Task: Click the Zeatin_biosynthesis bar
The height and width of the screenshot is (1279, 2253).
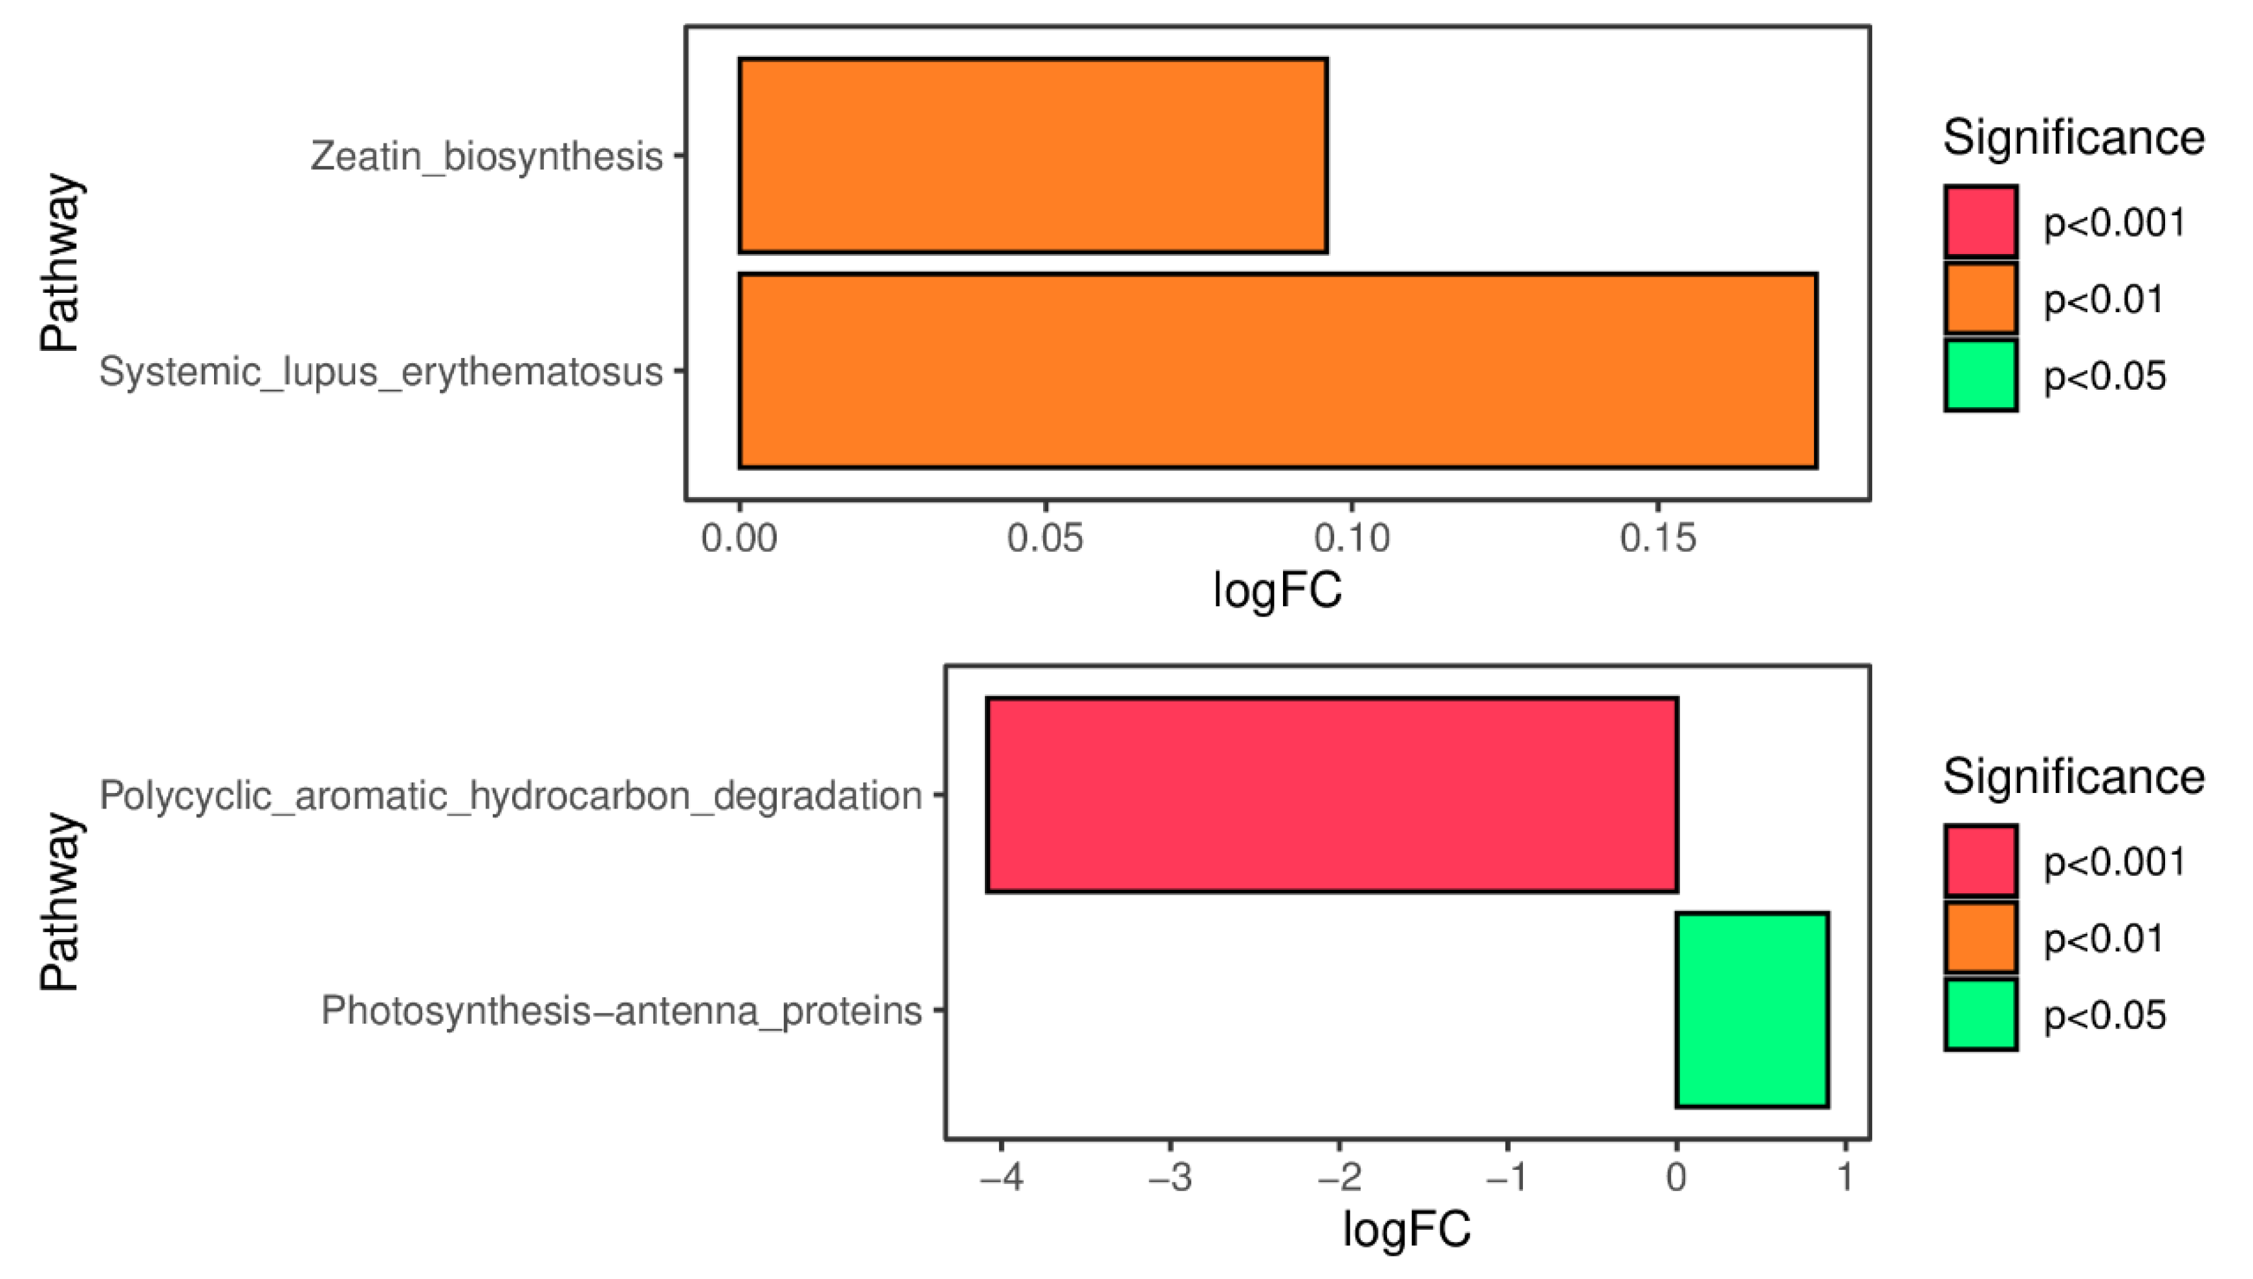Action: [1033, 156]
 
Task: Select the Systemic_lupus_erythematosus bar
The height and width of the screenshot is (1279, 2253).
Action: [1278, 371]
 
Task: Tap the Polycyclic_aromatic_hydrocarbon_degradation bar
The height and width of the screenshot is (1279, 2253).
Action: [1331, 795]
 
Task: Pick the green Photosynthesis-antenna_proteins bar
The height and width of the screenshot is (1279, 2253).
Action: [1752, 1010]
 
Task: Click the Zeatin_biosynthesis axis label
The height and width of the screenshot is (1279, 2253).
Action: [486, 156]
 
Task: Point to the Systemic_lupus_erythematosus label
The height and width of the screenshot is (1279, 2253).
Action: [380, 372]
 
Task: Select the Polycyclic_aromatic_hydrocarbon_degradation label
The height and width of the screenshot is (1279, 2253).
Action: [510, 796]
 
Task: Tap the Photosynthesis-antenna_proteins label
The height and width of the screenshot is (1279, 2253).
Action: [621, 1011]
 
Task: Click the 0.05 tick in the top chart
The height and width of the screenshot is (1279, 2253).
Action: [1045, 538]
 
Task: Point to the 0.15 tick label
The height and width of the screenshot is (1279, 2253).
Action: [1657, 538]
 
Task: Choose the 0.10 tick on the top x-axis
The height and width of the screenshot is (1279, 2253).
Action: [1352, 538]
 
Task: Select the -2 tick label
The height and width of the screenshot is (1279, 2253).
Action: [1339, 1177]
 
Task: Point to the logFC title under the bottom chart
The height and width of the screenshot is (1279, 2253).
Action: [1407, 1229]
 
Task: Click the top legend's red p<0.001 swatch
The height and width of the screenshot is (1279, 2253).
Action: [1981, 222]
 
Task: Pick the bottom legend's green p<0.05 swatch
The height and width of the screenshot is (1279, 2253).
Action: [1981, 1015]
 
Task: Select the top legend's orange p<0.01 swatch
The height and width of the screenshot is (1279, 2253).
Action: [1981, 299]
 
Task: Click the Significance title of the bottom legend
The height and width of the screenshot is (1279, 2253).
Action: [2073, 777]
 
